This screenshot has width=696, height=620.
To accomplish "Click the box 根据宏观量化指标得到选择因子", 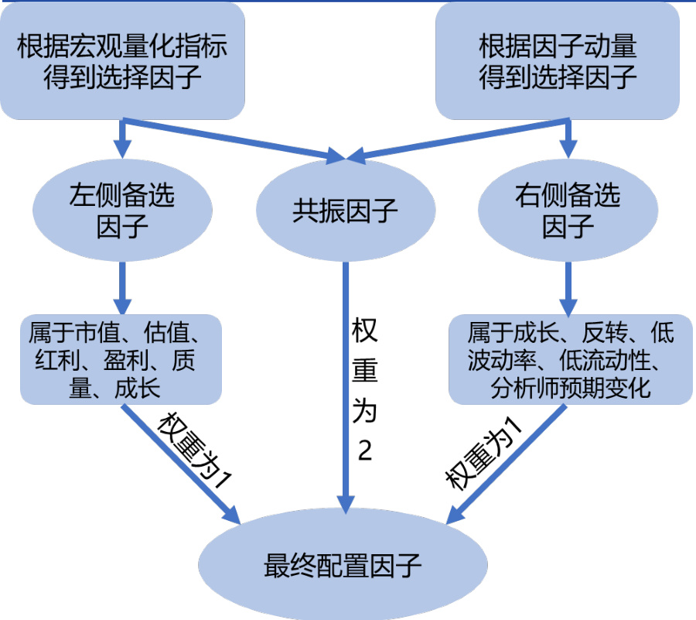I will click(x=121, y=63).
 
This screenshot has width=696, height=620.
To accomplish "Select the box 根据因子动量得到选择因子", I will click(x=558, y=63).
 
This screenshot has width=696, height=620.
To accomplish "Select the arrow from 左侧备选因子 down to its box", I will click(x=121, y=286).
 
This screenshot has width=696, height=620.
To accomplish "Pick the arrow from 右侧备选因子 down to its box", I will click(x=570, y=286).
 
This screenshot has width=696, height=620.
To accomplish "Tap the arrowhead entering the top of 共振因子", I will click(x=338, y=158).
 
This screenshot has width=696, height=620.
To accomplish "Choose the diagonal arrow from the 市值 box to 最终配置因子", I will click(x=182, y=464).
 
